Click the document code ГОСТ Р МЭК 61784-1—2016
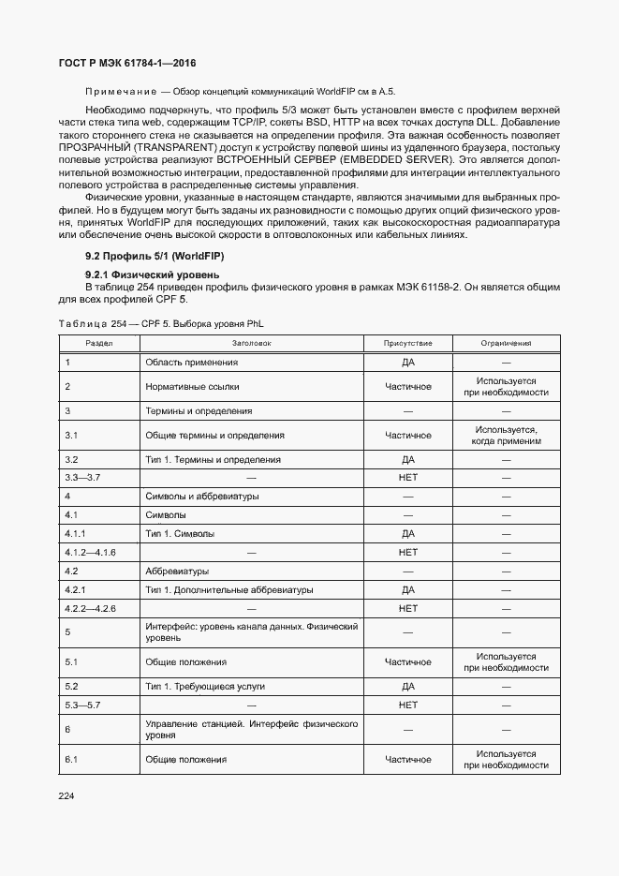(122, 63)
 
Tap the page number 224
(66, 795)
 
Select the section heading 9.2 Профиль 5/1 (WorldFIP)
(155, 256)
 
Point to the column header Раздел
(99, 343)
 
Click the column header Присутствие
(407, 343)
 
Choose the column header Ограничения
(506, 343)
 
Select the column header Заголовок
(251, 343)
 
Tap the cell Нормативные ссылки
(192, 386)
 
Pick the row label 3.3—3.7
(82, 477)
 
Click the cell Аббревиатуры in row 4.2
(177, 571)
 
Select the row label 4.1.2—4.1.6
(90, 552)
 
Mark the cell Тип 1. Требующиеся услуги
(205, 686)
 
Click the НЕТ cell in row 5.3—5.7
(408, 705)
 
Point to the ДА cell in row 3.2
(408, 459)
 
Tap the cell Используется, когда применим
(506, 435)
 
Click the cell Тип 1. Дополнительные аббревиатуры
(229, 590)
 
